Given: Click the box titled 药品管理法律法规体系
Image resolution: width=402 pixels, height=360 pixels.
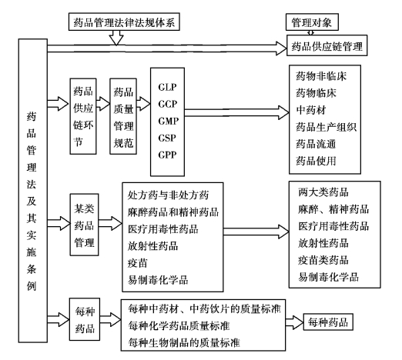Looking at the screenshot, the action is (x=124, y=22).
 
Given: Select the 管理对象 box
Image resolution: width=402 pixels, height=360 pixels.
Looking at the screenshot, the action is (x=312, y=22).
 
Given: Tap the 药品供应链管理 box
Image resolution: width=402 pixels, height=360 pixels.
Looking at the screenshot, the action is (x=327, y=45).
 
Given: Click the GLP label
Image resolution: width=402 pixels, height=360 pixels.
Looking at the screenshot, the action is (x=167, y=87).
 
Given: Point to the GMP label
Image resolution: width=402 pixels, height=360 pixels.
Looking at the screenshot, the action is (x=169, y=121).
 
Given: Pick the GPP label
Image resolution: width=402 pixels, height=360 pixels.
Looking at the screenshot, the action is (x=167, y=155).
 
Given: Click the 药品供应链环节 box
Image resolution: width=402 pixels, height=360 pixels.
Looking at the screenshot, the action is (x=83, y=116).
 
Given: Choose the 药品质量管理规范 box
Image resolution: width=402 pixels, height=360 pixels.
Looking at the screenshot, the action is (x=123, y=116).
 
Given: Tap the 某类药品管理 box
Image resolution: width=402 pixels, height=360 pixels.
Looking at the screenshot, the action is (x=84, y=225).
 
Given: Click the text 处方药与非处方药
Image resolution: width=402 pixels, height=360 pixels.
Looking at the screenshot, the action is (x=168, y=195).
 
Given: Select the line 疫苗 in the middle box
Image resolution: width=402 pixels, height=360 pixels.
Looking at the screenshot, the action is (x=138, y=263).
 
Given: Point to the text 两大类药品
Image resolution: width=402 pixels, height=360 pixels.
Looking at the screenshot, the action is (x=323, y=192).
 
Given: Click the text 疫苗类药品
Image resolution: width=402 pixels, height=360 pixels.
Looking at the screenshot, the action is (x=323, y=260).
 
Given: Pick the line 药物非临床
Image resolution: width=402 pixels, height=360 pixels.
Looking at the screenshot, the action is (x=321, y=76).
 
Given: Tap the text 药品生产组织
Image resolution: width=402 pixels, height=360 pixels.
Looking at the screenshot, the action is (x=326, y=127).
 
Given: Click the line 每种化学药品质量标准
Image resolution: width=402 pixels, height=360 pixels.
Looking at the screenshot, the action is (x=179, y=325).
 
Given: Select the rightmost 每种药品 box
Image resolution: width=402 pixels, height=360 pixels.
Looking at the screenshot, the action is (x=328, y=322).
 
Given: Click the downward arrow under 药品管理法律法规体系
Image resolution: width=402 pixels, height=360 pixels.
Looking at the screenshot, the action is (x=116, y=38).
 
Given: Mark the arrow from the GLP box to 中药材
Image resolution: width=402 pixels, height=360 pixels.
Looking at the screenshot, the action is (x=236, y=112).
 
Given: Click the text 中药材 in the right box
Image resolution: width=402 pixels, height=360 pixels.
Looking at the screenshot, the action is (x=311, y=110).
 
